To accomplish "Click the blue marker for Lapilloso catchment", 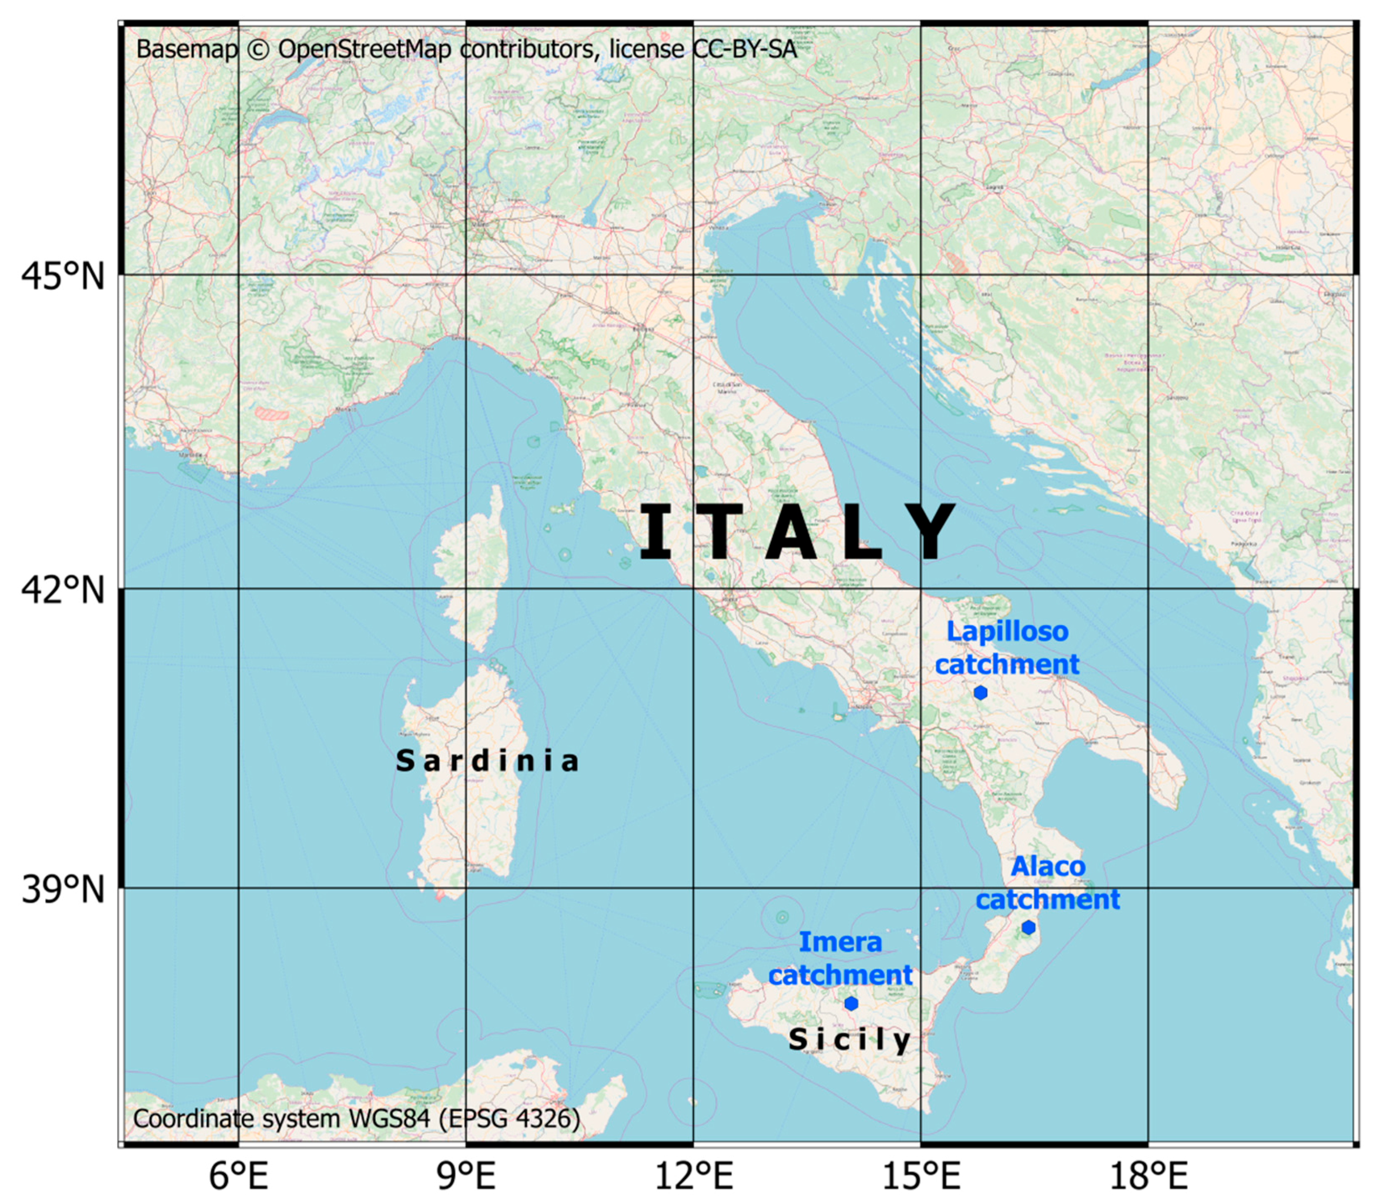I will [x=980, y=692].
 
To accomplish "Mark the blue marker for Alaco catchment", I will [x=1029, y=928].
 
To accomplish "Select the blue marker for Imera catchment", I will [x=851, y=1003].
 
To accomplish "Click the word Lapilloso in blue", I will [x=1007, y=631].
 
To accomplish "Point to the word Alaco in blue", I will [x=1047, y=867].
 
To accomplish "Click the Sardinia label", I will [x=487, y=761].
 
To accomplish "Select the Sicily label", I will [x=850, y=1039].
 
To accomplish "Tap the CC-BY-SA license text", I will [x=745, y=49].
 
